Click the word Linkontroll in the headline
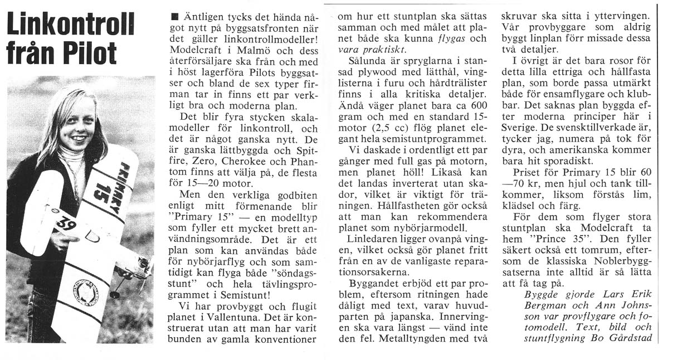70,23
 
